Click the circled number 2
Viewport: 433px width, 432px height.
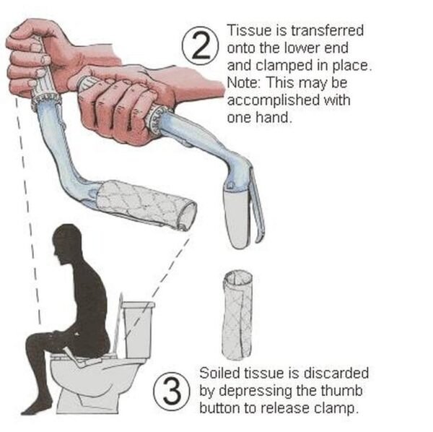click(x=201, y=46)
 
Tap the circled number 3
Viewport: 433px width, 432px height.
click(x=172, y=391)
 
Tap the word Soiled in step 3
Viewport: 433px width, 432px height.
click(x=219, y=373)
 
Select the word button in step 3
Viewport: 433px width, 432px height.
click(x=219, y=408)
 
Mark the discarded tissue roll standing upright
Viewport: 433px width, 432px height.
click(x=237, y=315)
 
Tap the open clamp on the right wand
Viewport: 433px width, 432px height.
click(x=244, y=210)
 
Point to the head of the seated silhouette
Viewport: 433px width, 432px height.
click(x=67, y=243)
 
